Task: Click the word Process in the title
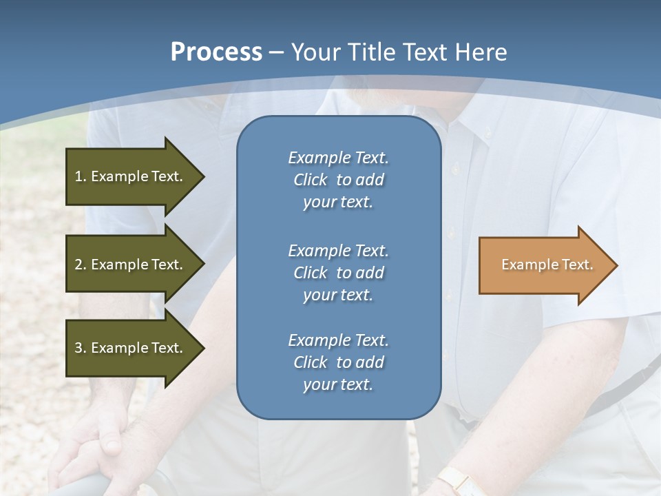pos(216,52)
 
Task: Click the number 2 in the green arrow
pos(78,265)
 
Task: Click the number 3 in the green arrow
pos(78,348)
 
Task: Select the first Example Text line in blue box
pos(338,158)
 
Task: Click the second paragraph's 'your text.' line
pos(338,295)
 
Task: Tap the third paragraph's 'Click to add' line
pos(338,362)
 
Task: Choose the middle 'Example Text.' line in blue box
pos(338,250)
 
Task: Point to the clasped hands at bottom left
pos(96,441)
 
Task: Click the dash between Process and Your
pos(277,52)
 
